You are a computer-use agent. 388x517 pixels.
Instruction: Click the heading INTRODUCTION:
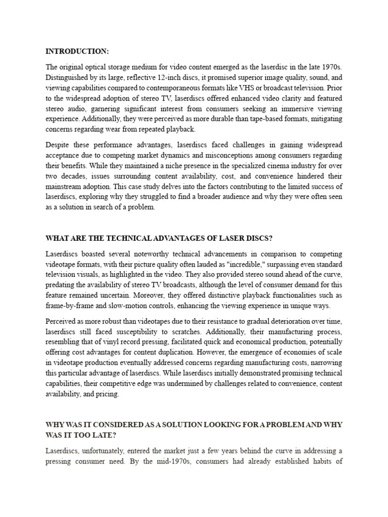(77, 51)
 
